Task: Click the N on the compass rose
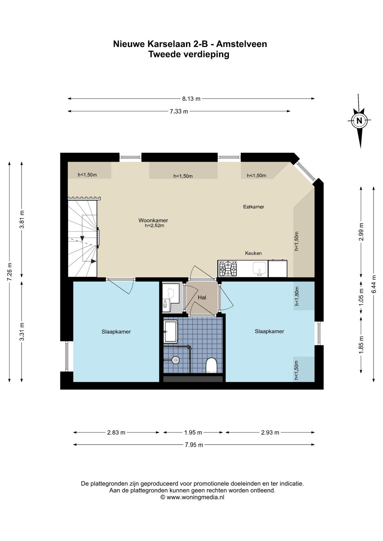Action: coord(359,121)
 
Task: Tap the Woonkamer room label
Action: coord(153,220)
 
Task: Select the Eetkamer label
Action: coord(254,207)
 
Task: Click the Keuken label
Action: coord(253,253)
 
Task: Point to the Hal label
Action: coord(202,297)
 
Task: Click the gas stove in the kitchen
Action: coord(228,269)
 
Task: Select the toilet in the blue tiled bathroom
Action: coord(211,365)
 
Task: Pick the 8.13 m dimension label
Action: coord(191,99)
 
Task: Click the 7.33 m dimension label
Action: coord(179,111)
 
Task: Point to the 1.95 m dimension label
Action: coord(193,433)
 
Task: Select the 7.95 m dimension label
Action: coord(194,445)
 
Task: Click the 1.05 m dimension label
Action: coord(361,297)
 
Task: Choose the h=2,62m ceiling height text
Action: coord(154,225)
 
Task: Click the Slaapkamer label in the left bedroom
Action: coord(116,332)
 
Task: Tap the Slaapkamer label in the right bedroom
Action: coord(269,331)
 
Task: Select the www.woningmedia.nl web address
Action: coord(195,497)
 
